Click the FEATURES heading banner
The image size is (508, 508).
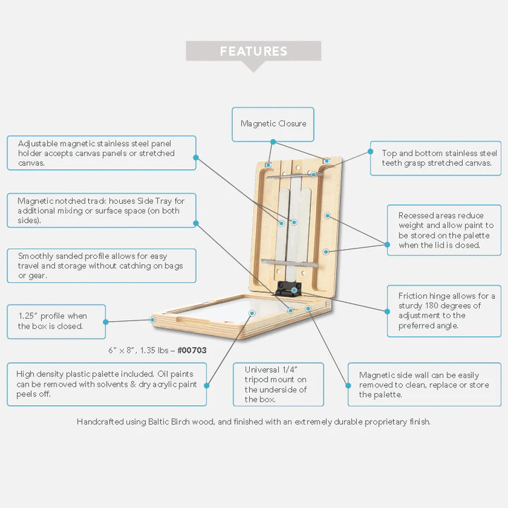pyautogui.click(x=253, y=52)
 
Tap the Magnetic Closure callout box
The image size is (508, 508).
pyautogui.click(x=273, y=124)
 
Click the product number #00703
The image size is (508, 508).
pyautogui.click(x=192, y=350)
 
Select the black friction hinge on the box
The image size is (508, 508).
pyautogui.click(x=288, y=289)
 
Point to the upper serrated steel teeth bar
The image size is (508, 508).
pyautogui.click(x=294, y=176)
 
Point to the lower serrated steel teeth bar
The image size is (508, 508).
pyautogui.click(x=289, y=263)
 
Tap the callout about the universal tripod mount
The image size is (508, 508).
pyautogui.click(x=278, y=385)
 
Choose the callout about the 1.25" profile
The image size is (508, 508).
pyautogui.click(x=56, y=322)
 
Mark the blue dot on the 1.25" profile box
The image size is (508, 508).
pyautogui.click(x=106, y=322)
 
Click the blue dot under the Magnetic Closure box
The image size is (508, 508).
pyautogui.click(x=273, y=142)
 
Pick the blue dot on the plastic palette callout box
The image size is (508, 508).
pyautogui.click(x=207, y=385)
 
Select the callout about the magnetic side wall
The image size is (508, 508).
pyautogui.click(x=425, y=385)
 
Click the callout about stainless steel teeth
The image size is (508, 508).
pyautogui.click(x=436, y=159)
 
